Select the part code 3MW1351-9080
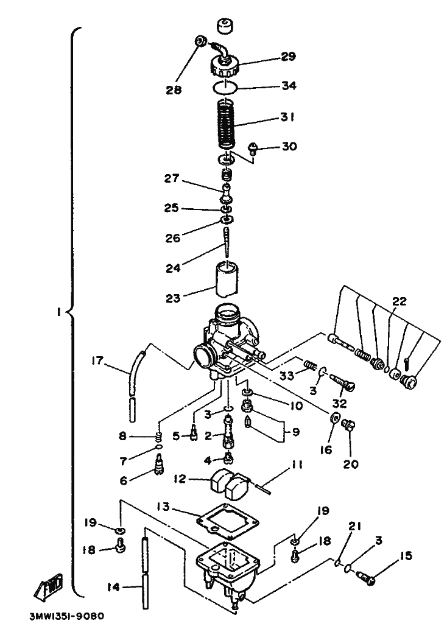[67, 616]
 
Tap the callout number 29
[288, 56]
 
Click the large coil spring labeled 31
[227, 125]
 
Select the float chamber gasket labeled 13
[228, 521]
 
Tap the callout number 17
[97, 360]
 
